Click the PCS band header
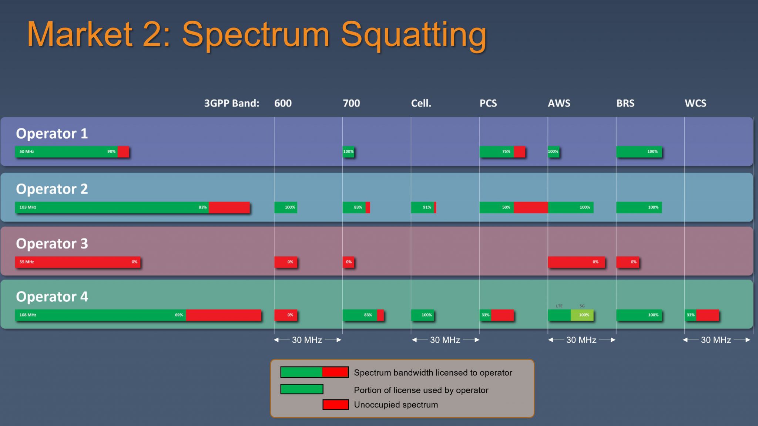pyautogui.click(x=488, y=103)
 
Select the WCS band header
pyautogui.click(x=695, y=103)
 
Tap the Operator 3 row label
pyautogui.click(x=52, y=244)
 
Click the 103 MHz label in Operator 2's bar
pyautogui.click(x=28, y=207)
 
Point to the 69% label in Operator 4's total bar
pyautogui.click(x=179, y=315)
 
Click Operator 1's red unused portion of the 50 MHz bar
pyautogui.click(x=123, y=152)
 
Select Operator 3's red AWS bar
pyautogui.click(x=576, y=262)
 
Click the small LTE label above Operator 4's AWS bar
pyautogui.click(x=559, y=306)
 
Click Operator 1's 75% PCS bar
pyautogui.click(x=502, y=152)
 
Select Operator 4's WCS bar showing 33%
pyautogui.click(x=702, y=315)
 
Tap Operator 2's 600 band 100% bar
pyautogui.click(x=285, y=207)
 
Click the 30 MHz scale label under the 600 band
pyautogui.click(x=307, y=340)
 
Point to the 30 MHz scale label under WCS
pyautogui.click(x=715, y=340)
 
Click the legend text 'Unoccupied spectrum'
pyautogui.click(x=396, y=405)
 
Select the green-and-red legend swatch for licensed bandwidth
pyautogui.click(x=314, y=372)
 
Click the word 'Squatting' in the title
pyautogui.click(x=413, y=35)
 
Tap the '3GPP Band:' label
pyautogui.click(x=232, y=103)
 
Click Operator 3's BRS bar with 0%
pyautogui.click(x=627, y=262)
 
